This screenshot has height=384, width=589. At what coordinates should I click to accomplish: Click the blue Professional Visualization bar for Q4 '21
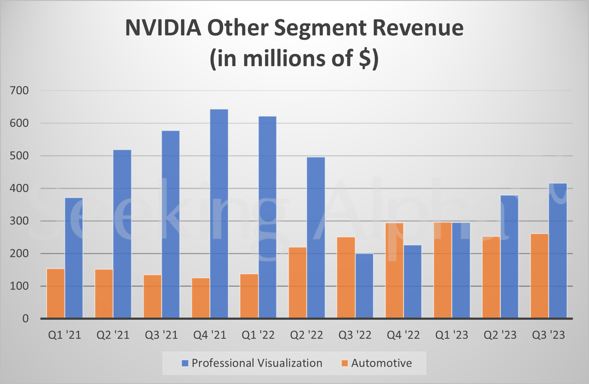point(219,214)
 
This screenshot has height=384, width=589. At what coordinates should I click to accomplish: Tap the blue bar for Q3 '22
point(364,285)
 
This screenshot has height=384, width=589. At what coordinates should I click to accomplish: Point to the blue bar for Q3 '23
point(558,250)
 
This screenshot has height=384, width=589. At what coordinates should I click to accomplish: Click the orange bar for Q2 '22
point(298,283)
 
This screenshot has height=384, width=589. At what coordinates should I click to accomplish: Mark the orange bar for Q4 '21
point(201,298)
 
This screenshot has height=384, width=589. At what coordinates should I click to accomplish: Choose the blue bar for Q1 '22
point(267,217)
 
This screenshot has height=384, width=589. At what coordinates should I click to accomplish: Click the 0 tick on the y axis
point(25,319)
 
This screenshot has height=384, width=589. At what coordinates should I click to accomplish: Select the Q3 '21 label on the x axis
point(162,335)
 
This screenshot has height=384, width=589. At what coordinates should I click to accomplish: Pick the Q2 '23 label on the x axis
point(500,335)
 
